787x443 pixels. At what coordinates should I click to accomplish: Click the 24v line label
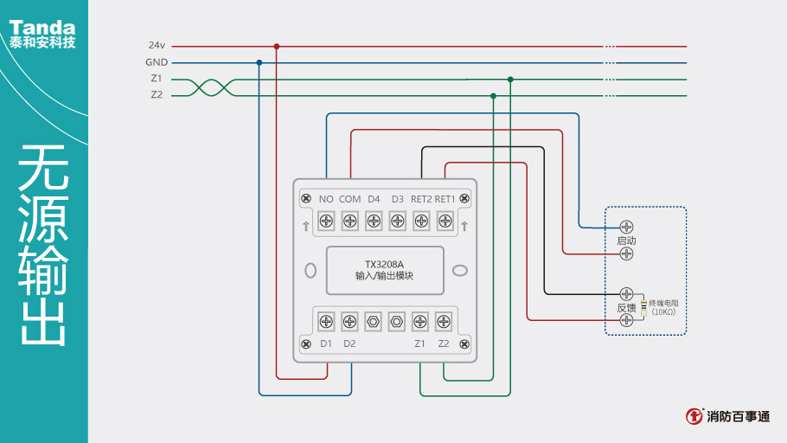point(156,45)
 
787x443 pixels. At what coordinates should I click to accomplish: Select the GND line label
point(157,62)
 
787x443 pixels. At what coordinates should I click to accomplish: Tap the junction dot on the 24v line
point(277,46)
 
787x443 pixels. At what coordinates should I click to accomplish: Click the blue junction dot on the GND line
point(259,62)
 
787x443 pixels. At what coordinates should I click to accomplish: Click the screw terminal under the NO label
point(326,221)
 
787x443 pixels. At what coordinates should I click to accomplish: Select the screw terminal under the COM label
point(349,221)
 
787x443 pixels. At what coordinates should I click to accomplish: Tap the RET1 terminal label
point(445,199)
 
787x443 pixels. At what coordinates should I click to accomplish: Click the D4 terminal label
point(374,199)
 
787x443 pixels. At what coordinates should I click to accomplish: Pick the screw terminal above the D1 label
point(326,321)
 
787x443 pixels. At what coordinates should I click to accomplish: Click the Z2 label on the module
point(444,343)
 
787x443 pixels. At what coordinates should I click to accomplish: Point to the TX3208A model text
point(385,264)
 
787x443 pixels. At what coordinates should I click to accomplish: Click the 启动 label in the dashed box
point(626,240)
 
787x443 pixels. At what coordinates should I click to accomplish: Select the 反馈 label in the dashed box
point(626,307)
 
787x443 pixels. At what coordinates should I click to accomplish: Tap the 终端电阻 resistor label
point(663,304)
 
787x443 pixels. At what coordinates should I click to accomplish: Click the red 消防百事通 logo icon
point(694,416)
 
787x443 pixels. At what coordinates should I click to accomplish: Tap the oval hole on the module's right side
point(460,270)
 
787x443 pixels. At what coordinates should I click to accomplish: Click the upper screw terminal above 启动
point(627,227)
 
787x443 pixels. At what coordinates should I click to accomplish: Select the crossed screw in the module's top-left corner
point(305,199)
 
